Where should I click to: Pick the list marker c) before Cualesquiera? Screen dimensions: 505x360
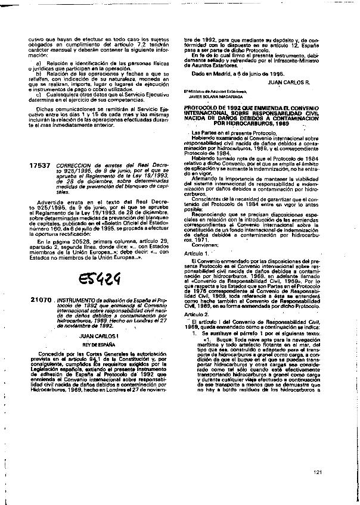tap(39, 94)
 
